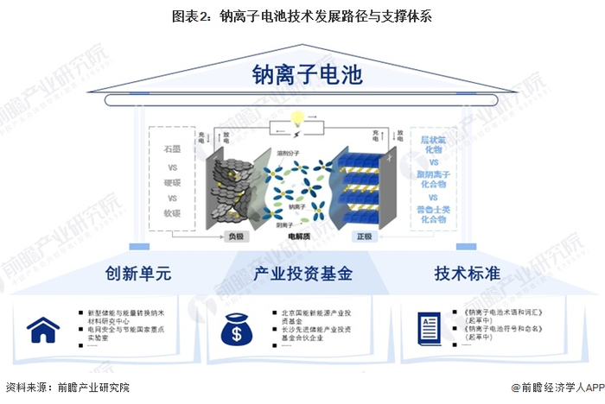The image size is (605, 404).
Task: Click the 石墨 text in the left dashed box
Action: [x=172, y=148]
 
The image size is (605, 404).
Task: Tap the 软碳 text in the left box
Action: [x=172, y=213]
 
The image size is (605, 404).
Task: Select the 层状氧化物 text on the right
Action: [x=435, y=144]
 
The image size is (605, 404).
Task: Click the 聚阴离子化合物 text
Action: [x=435, y=179]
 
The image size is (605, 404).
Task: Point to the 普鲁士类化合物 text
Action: [x=435, y=214]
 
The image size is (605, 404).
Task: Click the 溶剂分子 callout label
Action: [x=289, y=154]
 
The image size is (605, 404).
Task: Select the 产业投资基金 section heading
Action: [x=302, y=274]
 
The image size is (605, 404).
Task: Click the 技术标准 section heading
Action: [x=467, y=274]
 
